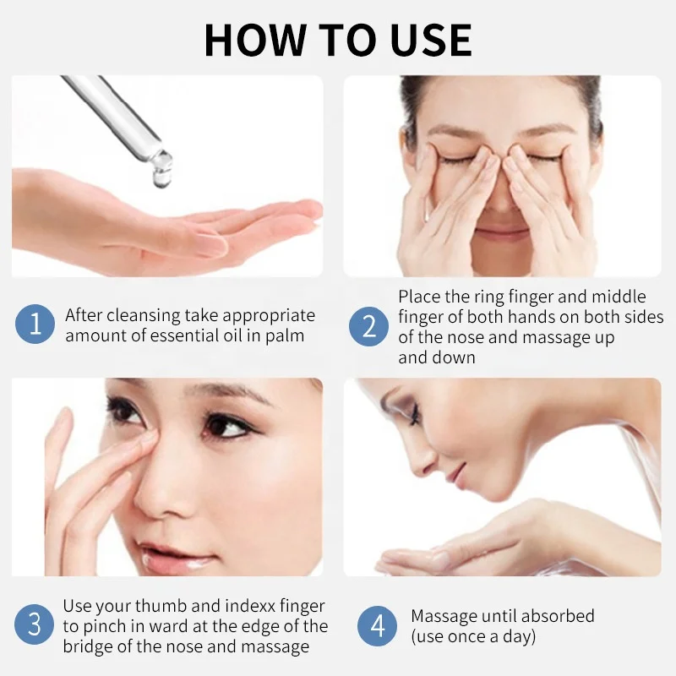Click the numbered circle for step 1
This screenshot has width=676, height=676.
[35, 324]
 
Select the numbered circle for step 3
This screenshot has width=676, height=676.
[35, 625]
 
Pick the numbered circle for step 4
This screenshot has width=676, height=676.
[378, 625]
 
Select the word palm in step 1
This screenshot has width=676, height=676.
[286, 335]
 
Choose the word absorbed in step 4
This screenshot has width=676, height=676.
[554, 616]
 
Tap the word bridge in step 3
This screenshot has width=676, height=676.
[88, 647]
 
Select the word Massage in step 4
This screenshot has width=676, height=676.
[445, 616]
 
